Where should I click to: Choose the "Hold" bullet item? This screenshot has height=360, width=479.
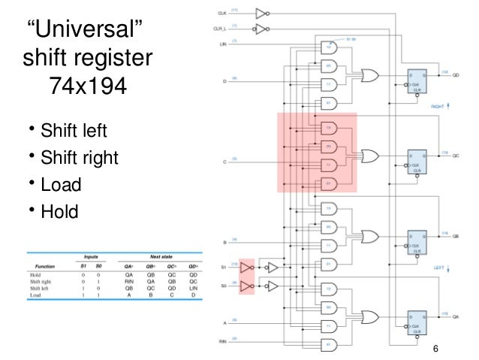point(59,212)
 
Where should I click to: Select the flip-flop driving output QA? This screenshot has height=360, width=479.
point(415,319)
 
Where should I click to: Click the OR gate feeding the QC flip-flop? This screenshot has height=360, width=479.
point(370,156)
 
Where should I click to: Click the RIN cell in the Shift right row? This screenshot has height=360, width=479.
point(121,281)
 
